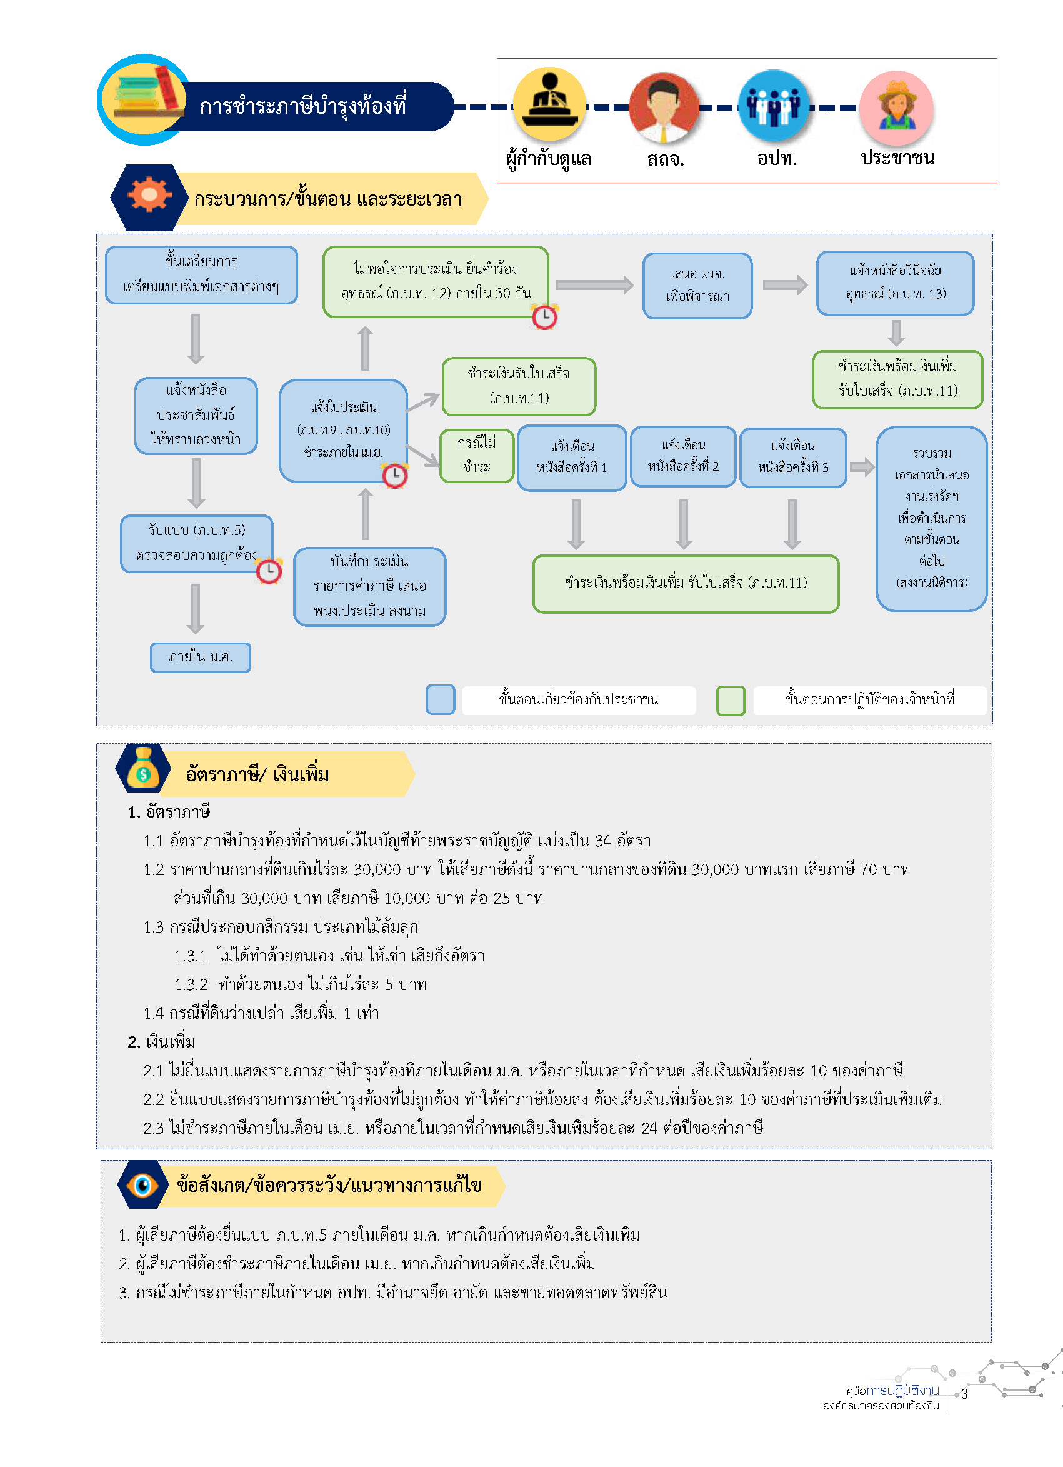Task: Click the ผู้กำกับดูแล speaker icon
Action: click(x=549, y=104)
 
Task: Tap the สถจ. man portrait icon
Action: click(x=664, y=107)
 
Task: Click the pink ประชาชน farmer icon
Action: click(x=896, y=108)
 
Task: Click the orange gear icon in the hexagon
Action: click(x=149, y=194)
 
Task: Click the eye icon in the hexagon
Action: click(x=143, y=1184)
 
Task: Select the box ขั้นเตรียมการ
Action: click(x=201, y=274)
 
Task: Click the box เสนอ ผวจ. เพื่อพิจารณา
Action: click(x=697, y=285)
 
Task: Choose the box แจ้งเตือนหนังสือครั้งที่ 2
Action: click(x=683, y=456)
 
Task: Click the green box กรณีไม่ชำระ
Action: click(x=477, y=456)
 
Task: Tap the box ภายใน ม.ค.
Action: click(x=201, y=657)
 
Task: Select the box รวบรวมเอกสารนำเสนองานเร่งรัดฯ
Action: click(x=931, y=518)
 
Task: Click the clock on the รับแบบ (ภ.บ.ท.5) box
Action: click(x=269, y=571)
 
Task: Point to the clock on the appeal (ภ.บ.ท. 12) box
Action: click(x=544, y=316)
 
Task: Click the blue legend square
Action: click(x=441, y=700)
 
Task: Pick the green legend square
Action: click(x=730, y=701)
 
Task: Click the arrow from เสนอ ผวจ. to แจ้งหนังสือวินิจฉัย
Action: click(x=785, y=284)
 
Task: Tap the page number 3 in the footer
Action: click(x=964, y=1394)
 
